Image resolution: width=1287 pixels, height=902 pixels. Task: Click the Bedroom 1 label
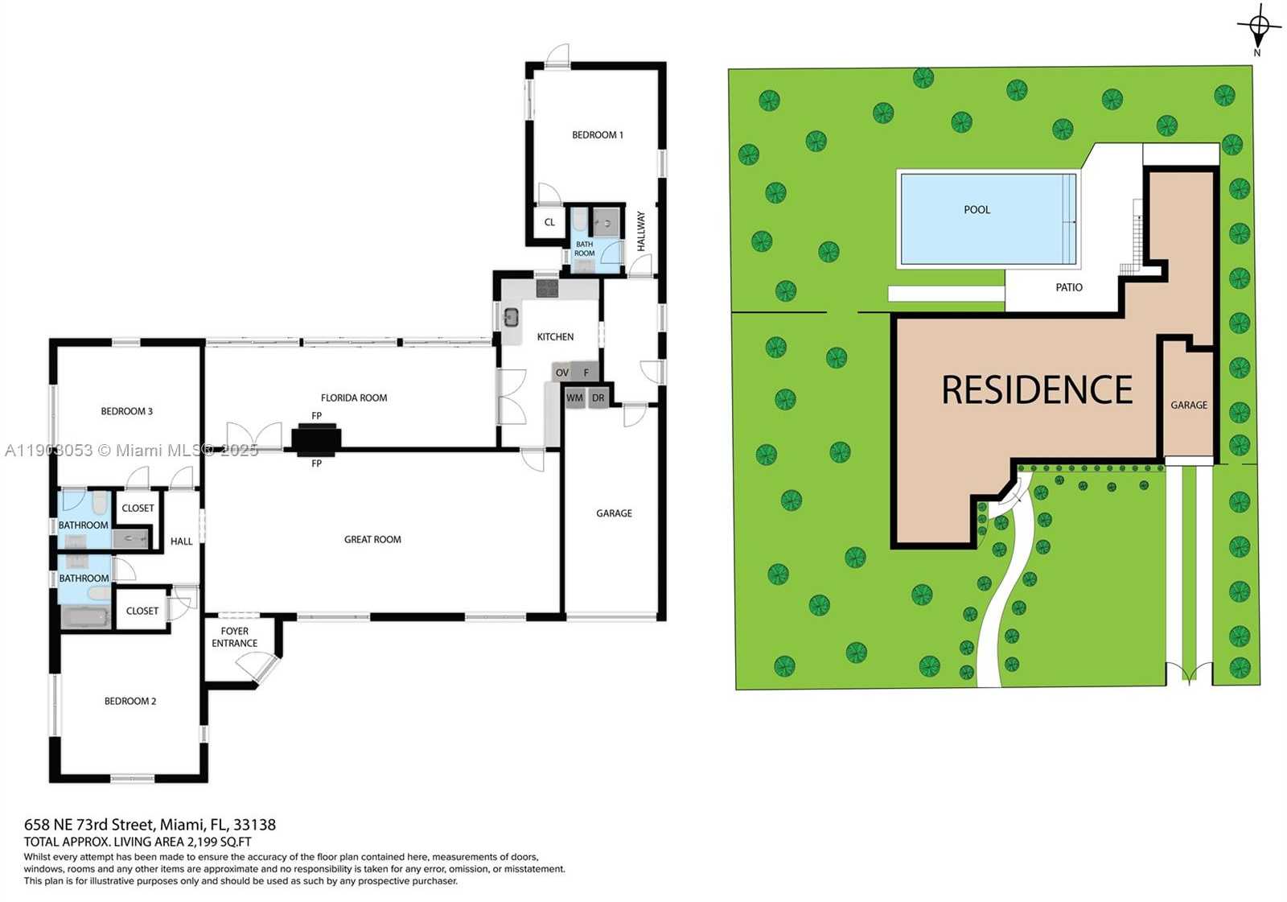pyautogui.click(x=597, y=135)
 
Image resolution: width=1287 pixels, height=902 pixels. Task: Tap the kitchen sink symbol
pyautogui.click(x=511, y=317)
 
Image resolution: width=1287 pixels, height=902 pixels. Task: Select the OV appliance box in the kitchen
pyautogui.click(x=561, y=373)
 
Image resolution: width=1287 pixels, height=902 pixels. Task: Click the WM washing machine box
pyautogui.click(x=574, y=398)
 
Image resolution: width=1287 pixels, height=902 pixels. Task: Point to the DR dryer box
pyautogui.click(x=598, y=398)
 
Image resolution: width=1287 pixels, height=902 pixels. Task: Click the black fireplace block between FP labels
pyautogui.click(x=316, y=439)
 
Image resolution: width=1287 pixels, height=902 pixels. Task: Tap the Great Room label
pyautogui.click(x=372, y=540)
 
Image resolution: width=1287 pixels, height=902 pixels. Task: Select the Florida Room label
pyautogui.click(x=354, y=397)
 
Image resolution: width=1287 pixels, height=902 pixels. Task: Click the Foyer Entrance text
pyautogui.click(x=234, y=637)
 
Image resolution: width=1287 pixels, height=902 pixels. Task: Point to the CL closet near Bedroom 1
pyautogui.click(x=549, y=223)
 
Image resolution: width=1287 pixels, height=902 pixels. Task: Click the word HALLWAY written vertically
pyautogui.click(x=641, y=231)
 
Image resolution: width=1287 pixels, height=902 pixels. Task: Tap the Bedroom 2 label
pyautogui.click(x=130, y=702)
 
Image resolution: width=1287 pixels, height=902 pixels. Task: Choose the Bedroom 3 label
pyautogui.click(x=126, y=411)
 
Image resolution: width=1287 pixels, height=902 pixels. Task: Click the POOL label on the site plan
pyautogui.click(x=977, y=210)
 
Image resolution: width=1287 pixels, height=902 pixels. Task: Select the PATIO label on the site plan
pyautogui.click(x=1069, y=288)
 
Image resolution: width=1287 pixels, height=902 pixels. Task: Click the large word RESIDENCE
pyautogui.click(x=1037, y=390)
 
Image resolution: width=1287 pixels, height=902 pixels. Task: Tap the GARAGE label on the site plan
pyautogui.click(x=1189, y=406)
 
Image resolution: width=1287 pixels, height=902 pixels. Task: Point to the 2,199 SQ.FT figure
pyautogui.click(x=219, y=842)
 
